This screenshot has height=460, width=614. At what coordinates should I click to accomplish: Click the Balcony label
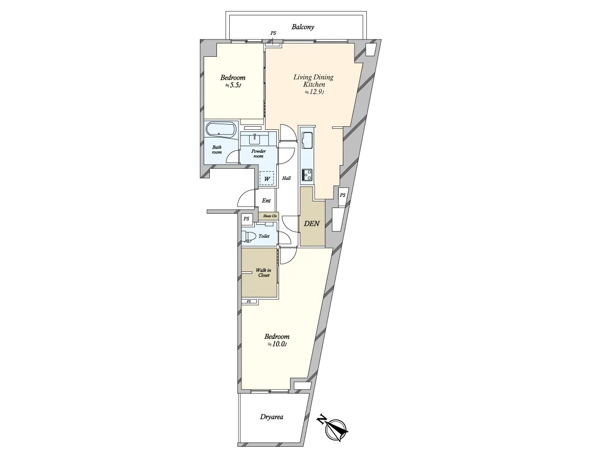point(303,27)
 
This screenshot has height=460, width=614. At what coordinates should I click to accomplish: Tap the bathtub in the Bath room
point(221,130)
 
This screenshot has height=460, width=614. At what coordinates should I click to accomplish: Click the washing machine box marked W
point(267,178)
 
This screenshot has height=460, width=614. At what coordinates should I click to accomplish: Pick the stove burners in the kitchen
point(307,175)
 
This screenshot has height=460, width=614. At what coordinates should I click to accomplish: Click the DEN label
point(312,223)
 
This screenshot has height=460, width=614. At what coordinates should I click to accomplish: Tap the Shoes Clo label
point(270,216)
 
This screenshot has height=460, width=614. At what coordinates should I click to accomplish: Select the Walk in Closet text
point(264,272)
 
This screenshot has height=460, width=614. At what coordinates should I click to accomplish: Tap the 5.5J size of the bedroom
point(233,85)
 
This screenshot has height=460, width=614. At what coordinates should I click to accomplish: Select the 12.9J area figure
point(314,91)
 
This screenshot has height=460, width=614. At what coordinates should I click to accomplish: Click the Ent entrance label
point(266,200)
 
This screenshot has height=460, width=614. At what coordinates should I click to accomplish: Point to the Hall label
point(286,178)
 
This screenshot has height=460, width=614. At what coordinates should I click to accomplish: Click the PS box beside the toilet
point(246,219)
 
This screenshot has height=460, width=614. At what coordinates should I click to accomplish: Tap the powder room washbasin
point(255,139)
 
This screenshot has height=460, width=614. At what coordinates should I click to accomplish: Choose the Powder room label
point(258,154)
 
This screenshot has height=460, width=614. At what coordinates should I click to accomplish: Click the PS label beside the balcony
point(273,33)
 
